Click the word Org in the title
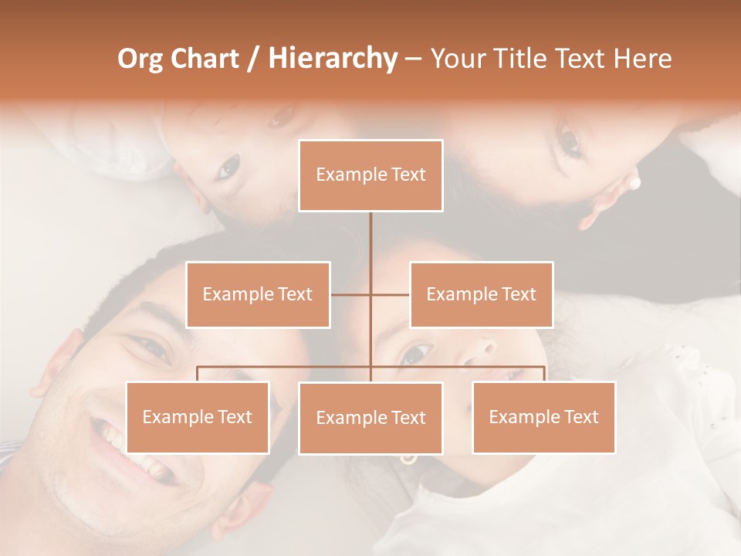pos(140,59)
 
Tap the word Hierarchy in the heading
pos(332,59)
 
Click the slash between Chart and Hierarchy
pos(252,59)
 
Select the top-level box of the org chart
pos(370,175)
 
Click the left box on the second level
pos(258,294)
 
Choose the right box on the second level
pos(481,294)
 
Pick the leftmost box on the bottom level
pos(197,417)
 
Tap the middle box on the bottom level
pos(370,418)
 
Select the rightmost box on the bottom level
pos(543,417)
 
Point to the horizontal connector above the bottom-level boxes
pos(286,366)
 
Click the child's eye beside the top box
pos(229,167)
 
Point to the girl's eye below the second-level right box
pos(415,354)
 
